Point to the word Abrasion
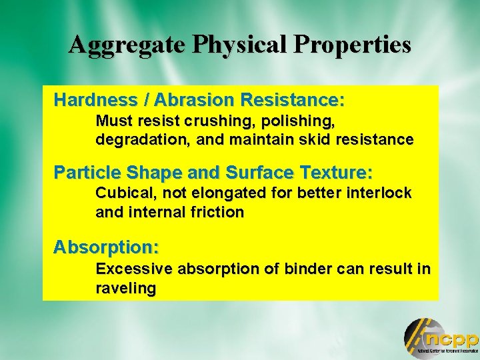(x=194, y=101)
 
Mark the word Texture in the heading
(x=336, y=173)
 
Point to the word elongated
(x=219, y=194)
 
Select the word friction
(x=217, y=212)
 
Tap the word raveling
(x=125, y=289)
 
